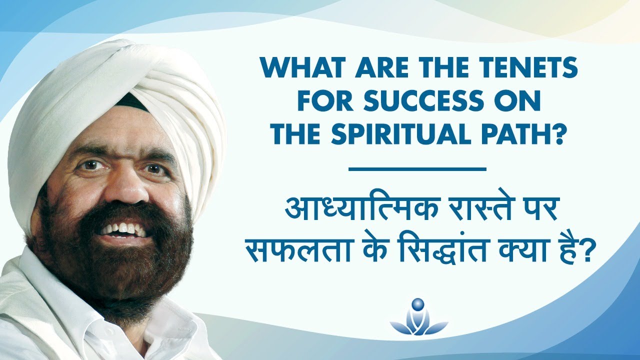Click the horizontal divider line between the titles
(417, 169)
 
